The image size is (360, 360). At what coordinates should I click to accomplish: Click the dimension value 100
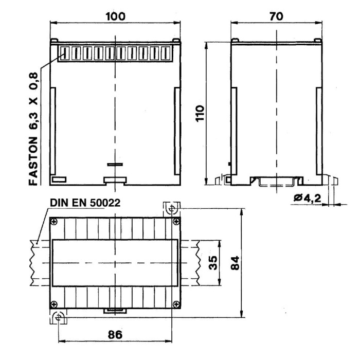(x=115, y=16)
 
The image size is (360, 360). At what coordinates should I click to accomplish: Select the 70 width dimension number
(x=276, y=16)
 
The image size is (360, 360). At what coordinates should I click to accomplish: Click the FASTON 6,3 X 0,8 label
(x=33, y=129)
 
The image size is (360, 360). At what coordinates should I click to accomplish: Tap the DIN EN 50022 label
(x=85, y=203)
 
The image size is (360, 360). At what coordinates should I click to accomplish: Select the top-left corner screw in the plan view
(x=55, y=222)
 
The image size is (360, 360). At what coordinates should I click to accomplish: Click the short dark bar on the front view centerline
(x=115, y=165)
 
